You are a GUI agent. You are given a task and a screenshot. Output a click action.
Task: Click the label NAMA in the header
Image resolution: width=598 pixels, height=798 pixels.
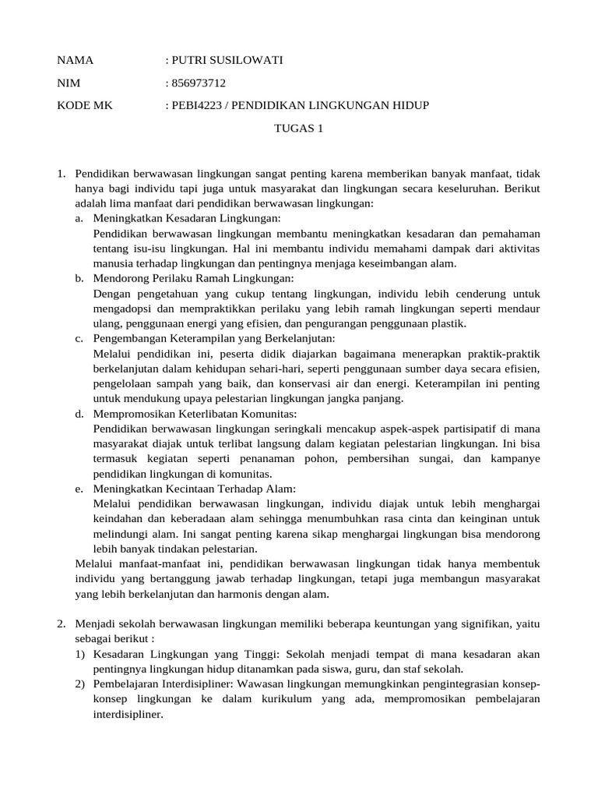tap(76, 61)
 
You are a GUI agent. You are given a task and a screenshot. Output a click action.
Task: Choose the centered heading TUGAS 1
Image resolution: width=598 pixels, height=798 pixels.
tap(298, 128)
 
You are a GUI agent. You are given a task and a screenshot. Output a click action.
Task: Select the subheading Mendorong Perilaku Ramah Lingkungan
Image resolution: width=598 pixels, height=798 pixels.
tap(193, 279)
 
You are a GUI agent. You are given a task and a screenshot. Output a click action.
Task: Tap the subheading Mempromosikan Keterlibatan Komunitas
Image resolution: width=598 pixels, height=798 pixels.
tap(195, 414)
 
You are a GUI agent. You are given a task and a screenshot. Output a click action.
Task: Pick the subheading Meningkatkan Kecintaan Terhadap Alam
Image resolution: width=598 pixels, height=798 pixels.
tap(194, 489)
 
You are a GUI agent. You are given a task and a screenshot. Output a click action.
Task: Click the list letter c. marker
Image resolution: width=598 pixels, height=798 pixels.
tap(79, 339)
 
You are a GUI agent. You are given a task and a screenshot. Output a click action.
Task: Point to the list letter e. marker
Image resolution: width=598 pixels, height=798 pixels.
tap(79, 489)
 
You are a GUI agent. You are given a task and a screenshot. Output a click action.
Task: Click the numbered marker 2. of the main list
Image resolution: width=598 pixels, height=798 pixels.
tap(62, 624)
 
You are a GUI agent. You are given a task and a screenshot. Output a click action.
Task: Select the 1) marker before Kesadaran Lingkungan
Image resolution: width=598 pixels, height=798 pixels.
tap(80, 655)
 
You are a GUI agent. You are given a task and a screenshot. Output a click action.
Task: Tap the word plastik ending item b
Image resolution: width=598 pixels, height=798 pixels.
tap(449, 323)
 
